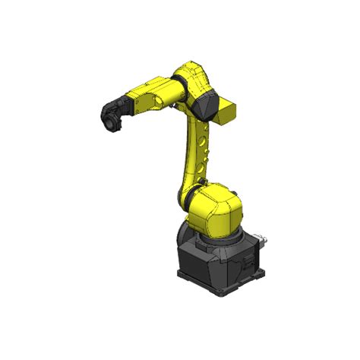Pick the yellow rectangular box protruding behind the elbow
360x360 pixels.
click(x=227, y=112)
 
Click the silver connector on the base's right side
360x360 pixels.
click(x=261, y=241)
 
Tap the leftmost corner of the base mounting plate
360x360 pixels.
click(x=176, y=272)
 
